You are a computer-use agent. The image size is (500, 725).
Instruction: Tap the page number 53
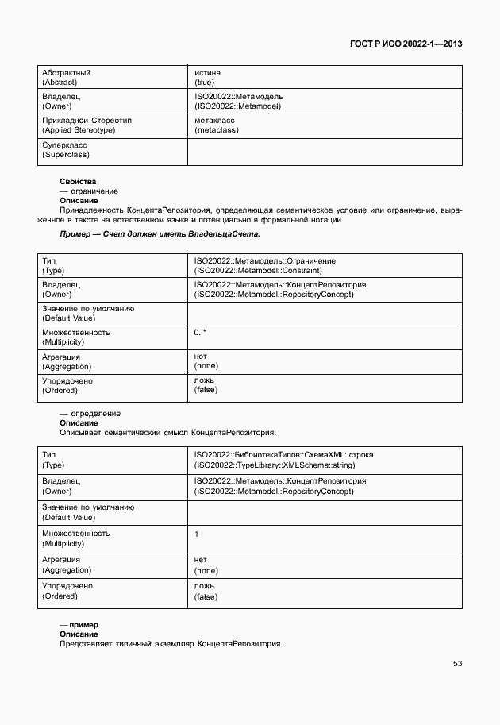457,663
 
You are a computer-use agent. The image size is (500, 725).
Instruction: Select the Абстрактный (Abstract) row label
66,77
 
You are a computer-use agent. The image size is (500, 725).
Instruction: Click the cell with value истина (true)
207,77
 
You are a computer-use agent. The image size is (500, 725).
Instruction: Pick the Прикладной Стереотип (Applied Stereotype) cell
87,125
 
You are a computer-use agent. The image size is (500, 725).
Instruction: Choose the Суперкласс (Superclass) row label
66,149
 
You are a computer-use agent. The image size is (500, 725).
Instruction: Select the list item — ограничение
89,191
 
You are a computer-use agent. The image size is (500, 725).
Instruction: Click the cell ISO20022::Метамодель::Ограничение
264,265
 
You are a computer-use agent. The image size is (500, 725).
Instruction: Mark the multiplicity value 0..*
201,332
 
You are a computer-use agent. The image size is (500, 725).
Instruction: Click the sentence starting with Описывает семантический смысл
167,433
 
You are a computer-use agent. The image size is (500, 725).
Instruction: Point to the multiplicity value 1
197,534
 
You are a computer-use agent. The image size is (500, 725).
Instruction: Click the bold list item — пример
79,625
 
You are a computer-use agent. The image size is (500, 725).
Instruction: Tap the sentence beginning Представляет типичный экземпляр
171,644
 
